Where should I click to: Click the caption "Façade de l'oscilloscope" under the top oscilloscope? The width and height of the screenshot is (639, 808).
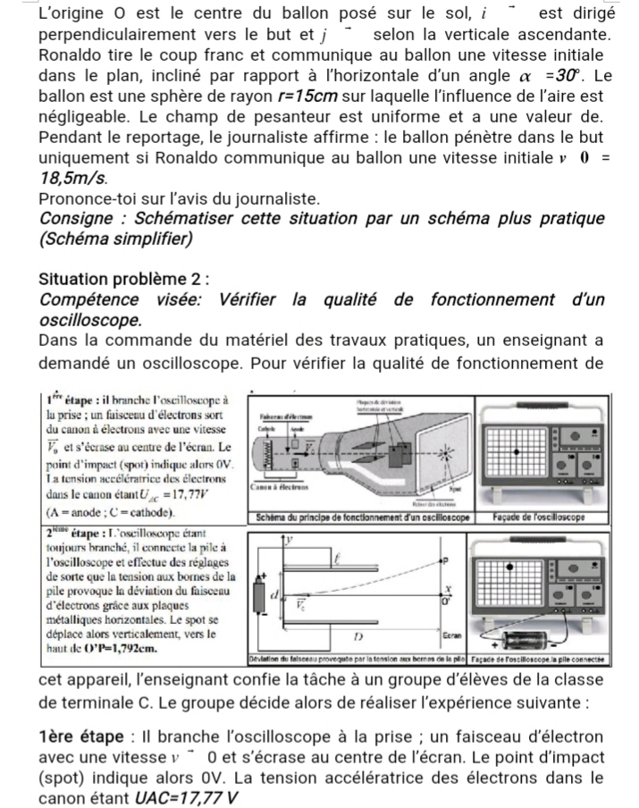click(539, 518)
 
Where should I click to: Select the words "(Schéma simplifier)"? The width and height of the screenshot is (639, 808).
click(116, 239)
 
